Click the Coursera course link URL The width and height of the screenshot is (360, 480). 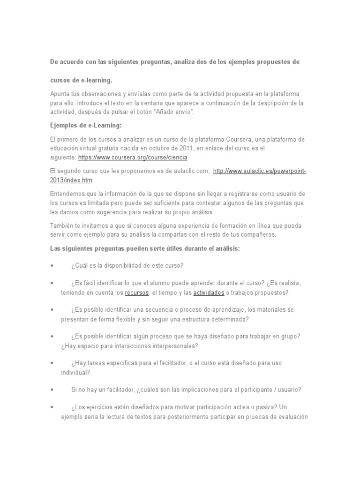[x=132, y=157]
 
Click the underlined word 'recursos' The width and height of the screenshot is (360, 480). [x=136, y=293]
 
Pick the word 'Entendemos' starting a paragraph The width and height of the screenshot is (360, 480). [x=67, y=194]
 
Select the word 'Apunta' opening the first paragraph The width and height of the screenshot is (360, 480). [x=60, y=94]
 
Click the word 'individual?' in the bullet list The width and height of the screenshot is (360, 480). [x=75, y=373]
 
